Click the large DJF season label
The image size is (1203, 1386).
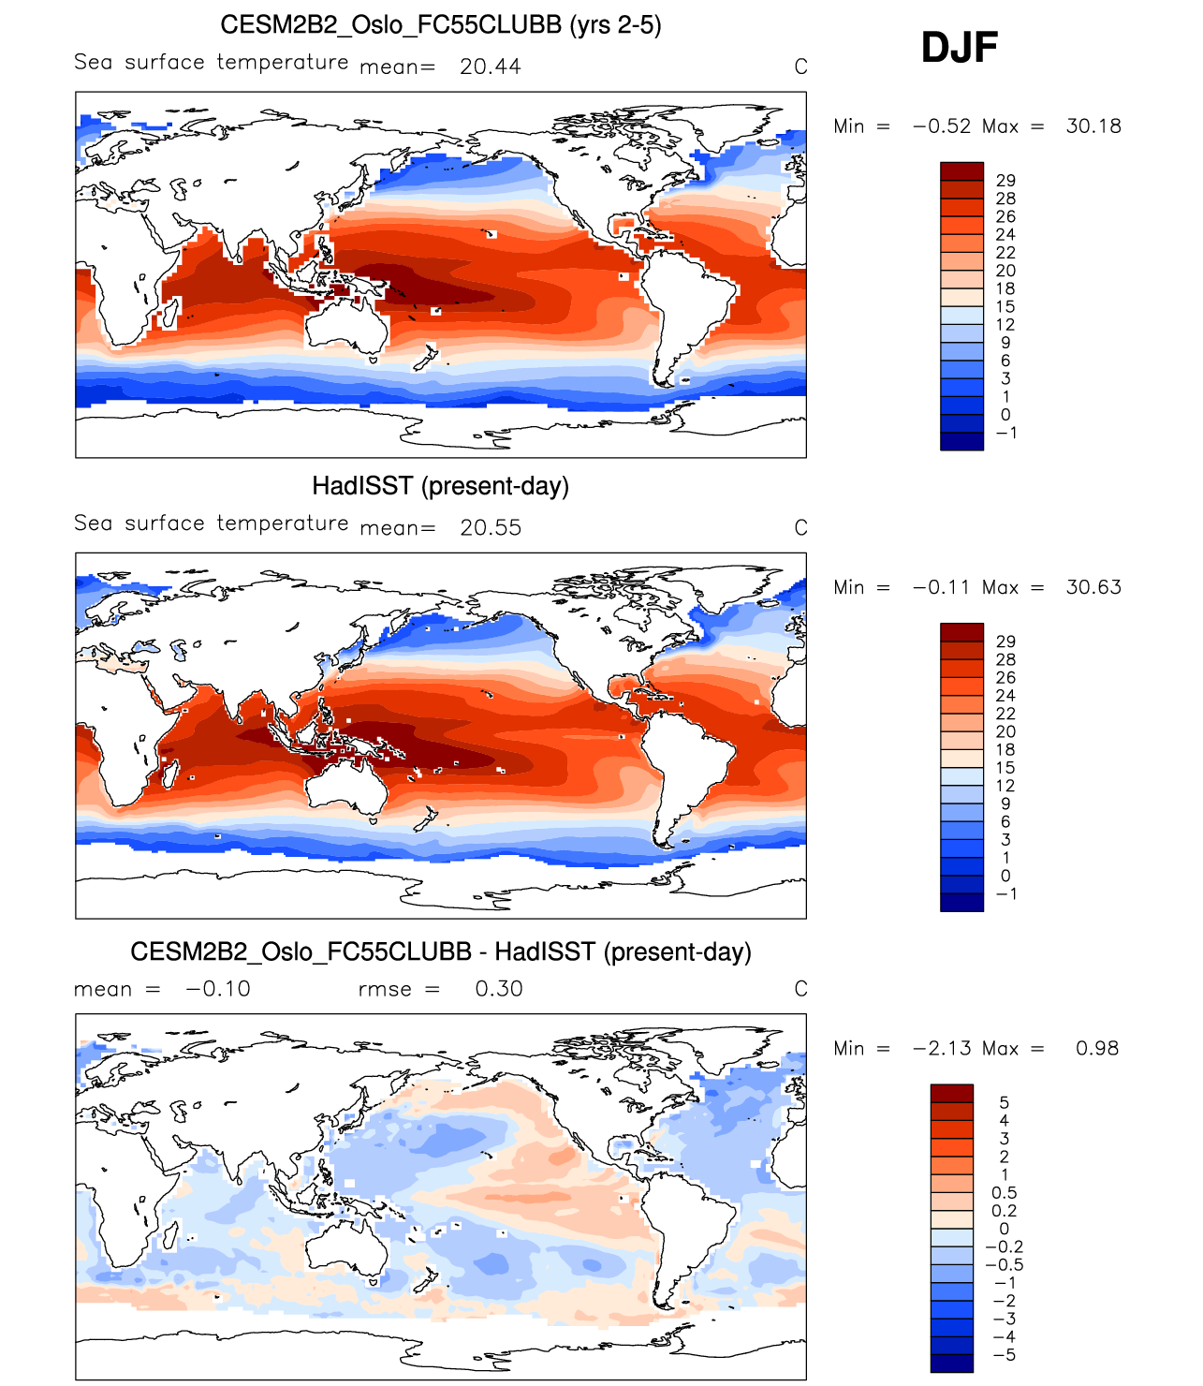coord(960,48)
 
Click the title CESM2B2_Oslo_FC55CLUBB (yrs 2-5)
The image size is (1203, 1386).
coord(440,24)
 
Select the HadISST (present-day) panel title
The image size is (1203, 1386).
coord(440,486)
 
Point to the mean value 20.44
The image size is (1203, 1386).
coord(490,66)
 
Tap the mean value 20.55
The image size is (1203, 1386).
coord(490,528)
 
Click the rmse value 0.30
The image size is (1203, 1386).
coord(498,989)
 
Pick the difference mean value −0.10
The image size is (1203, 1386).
coord(218,989)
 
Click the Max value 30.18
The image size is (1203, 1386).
coord(1093,126)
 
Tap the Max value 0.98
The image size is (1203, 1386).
coord(1096,1049)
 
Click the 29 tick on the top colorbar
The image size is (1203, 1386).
coord(1005,181)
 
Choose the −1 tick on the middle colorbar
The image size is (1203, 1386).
coord(1005,894)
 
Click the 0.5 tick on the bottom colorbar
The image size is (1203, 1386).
coord(1004,1193)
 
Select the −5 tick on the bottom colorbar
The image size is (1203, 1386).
coord(1004,1355)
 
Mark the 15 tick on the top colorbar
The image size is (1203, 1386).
coord(1005,307)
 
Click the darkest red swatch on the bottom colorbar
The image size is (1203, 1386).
coord(951,1093)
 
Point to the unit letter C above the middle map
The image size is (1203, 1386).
coord(800,528)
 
